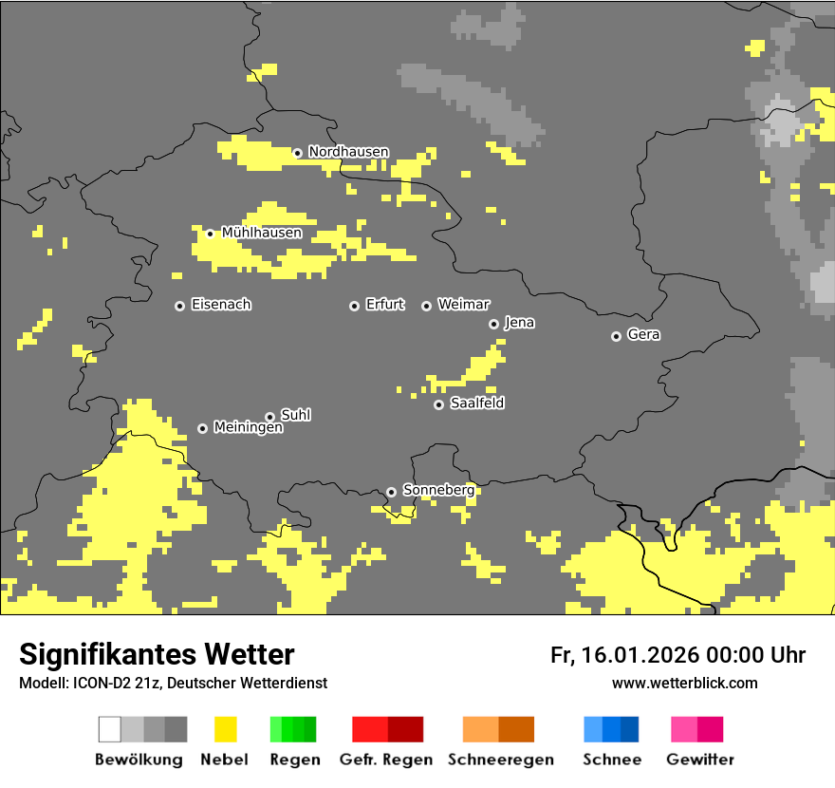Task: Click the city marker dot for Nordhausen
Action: coord(297,153)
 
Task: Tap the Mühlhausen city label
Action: coord(262,233)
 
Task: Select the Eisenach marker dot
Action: coord(179,306)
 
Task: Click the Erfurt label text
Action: coord(384,305)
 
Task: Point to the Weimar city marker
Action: coord(426,306)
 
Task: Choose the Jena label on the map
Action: coord(519,323)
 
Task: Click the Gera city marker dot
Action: coord(616,336)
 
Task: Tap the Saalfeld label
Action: coord(476,403)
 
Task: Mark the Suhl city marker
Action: coord(269,417)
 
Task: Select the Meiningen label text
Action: coord(248,428)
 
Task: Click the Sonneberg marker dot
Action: coord(391,492)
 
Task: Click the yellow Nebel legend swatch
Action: coord(225,729)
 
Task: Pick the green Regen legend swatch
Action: coord(292,729)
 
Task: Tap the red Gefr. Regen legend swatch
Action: coord(387,729)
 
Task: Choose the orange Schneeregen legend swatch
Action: coord(498,729)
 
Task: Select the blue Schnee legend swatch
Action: coord(611,729)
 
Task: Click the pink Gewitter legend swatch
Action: coord(696,729)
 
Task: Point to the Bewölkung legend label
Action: coord(139,760)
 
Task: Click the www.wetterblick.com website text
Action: coord(684,683)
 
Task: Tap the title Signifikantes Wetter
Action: coord(157,654)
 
